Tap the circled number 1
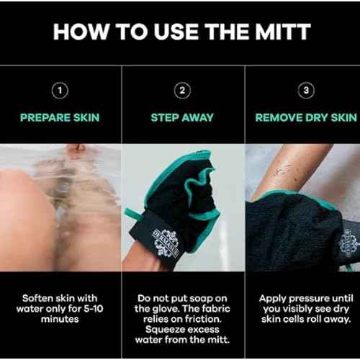click(x=60, y=91)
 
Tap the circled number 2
click(x=183, y=91)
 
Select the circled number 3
click(x=305, y=91)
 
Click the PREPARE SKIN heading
click(x=60, y=117)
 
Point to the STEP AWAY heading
click(x=183, y=117)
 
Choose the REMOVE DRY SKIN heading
click(x=305, y=117)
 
